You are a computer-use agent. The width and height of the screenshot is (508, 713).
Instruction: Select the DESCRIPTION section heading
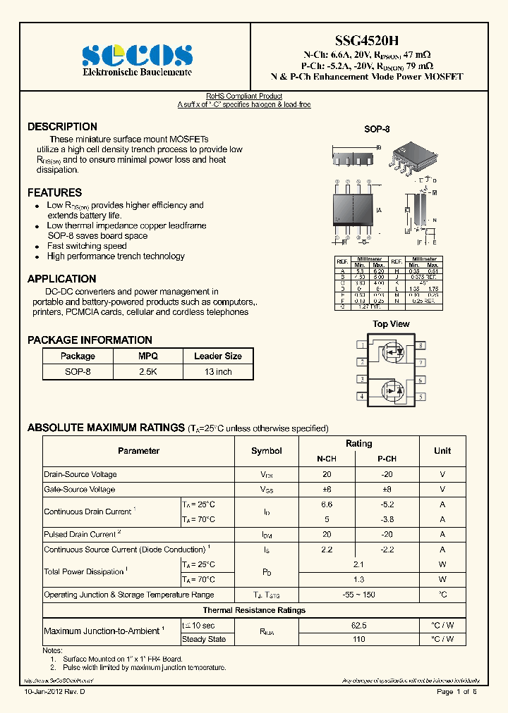click(62, 127)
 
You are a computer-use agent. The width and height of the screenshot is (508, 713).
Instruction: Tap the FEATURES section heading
click(54, 192)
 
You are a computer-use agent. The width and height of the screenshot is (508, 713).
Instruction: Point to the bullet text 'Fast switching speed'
click(86, 246)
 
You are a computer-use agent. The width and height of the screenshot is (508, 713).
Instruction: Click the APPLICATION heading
click(61, 279)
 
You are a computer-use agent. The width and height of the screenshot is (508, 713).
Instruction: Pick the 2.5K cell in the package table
click(148, 371)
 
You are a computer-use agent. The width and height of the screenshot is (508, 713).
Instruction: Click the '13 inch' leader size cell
click(218, 371)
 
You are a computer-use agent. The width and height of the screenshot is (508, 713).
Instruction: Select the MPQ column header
click(148, 356)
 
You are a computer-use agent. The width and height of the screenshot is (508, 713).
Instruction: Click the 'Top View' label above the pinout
click(391, 324)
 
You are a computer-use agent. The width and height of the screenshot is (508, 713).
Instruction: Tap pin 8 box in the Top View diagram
click(421, 345)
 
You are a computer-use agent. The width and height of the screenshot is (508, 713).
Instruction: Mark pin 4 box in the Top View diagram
click(361, 397)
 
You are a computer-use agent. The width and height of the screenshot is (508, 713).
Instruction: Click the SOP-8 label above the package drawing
click(377, 130)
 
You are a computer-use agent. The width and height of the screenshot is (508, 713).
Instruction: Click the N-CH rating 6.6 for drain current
click(327, 504)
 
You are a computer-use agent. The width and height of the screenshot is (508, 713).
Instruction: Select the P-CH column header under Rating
click(387, 459)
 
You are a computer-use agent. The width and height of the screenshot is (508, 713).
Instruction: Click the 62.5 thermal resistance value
click(358, 624)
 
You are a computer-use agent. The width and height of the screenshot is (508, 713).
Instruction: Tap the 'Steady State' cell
click(204, 639)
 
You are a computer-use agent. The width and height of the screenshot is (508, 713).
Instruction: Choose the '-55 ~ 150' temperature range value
click(358, 595)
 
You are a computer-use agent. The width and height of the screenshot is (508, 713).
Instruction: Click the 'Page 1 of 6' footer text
click(456, 692)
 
